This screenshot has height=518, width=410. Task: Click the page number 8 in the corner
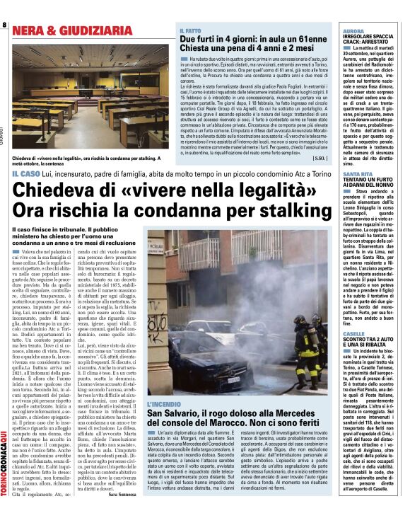pyautogui.click(x=4, y=25)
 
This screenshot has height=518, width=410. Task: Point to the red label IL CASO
pyautogui.click(x=25, y=173)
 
